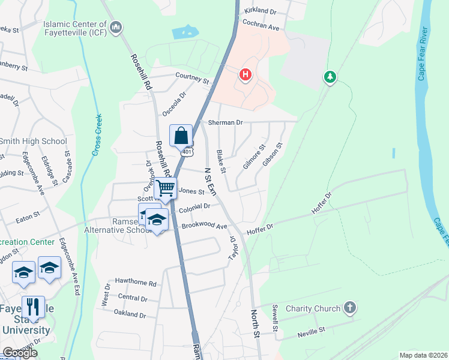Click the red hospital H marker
point(245,75)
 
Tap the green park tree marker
point(329,77)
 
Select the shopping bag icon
point(181,136)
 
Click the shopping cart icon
point(166,188)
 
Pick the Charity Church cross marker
point(351,308)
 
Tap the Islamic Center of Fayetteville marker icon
point(116,27)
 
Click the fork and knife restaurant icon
point(33,307)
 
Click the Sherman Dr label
point(225,122)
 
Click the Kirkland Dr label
point(260,11)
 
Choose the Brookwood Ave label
point(205,226)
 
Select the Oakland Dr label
point(130,314)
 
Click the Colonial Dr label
point(194,206)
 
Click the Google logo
point(20,353)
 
